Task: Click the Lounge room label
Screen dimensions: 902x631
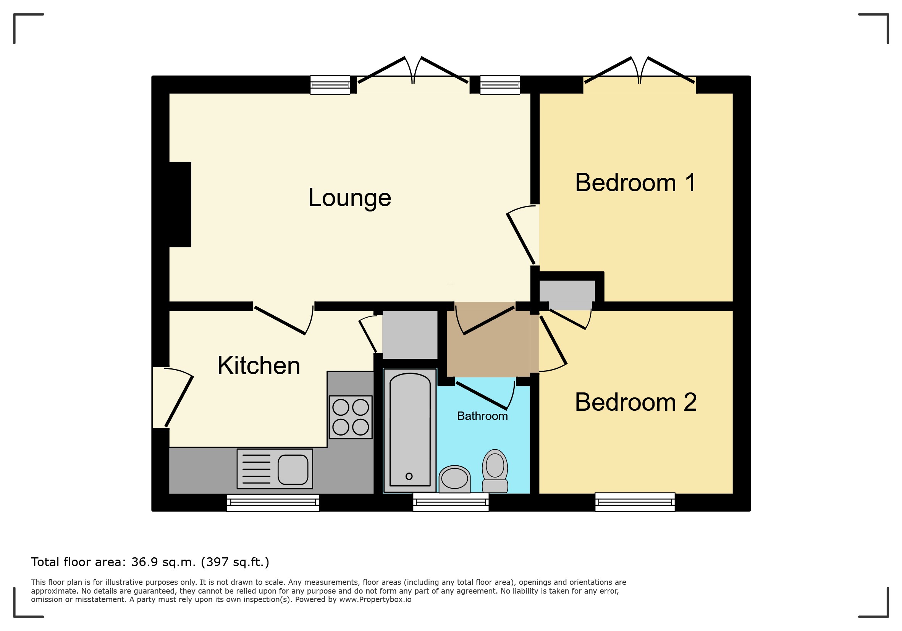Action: (x=349, y=198)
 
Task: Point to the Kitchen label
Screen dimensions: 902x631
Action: (x=259, y=366)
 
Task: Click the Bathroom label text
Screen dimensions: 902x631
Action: (x=482, y=416)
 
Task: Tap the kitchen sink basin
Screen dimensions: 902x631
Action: (x=293, y=470)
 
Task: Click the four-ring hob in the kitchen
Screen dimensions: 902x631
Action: (x=351, y=417)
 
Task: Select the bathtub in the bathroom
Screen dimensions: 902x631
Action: (x=410, y=430)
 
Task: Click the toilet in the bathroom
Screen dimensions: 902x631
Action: (x=495, y=471)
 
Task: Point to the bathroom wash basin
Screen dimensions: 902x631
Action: (x=454, y=479)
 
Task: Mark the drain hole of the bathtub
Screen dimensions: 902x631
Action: (x=409, y=476)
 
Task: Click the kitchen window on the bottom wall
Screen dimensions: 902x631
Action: (x=273, y=503)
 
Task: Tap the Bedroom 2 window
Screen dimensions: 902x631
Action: (x=635, y=502)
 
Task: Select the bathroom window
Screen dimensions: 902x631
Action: (x=451, y=503)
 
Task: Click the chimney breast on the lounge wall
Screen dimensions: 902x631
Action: (x=180, y=204)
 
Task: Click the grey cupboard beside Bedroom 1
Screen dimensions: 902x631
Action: (x=567, y=295)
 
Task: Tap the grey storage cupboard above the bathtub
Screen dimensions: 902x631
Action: (x=410, y=334)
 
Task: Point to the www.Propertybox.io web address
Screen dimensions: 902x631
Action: (x=375, y=600)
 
